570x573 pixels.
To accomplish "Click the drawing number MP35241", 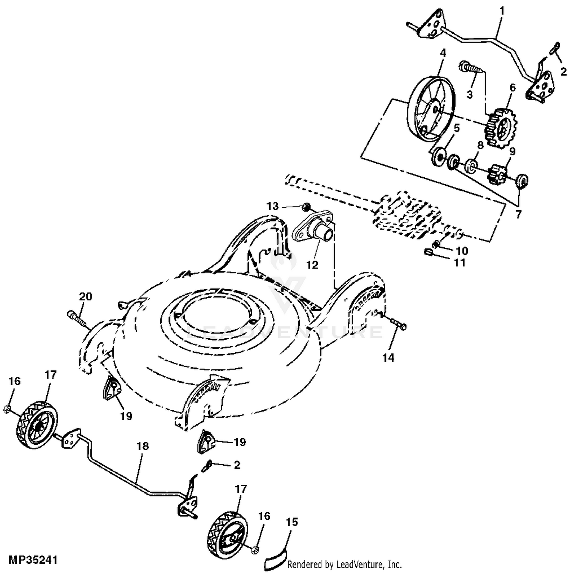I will [x=33, y=560].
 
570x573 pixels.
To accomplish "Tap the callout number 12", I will [x=312, y=264].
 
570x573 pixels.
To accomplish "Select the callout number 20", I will [x=85, y=296].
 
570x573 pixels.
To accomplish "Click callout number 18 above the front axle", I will [x=142, y=446].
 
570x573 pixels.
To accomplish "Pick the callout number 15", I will [x=292, y=522].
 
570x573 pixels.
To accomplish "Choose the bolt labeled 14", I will [x=397, y=324].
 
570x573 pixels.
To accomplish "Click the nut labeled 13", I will [x=306, y=207].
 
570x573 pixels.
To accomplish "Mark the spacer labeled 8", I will [x=471, y=166].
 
